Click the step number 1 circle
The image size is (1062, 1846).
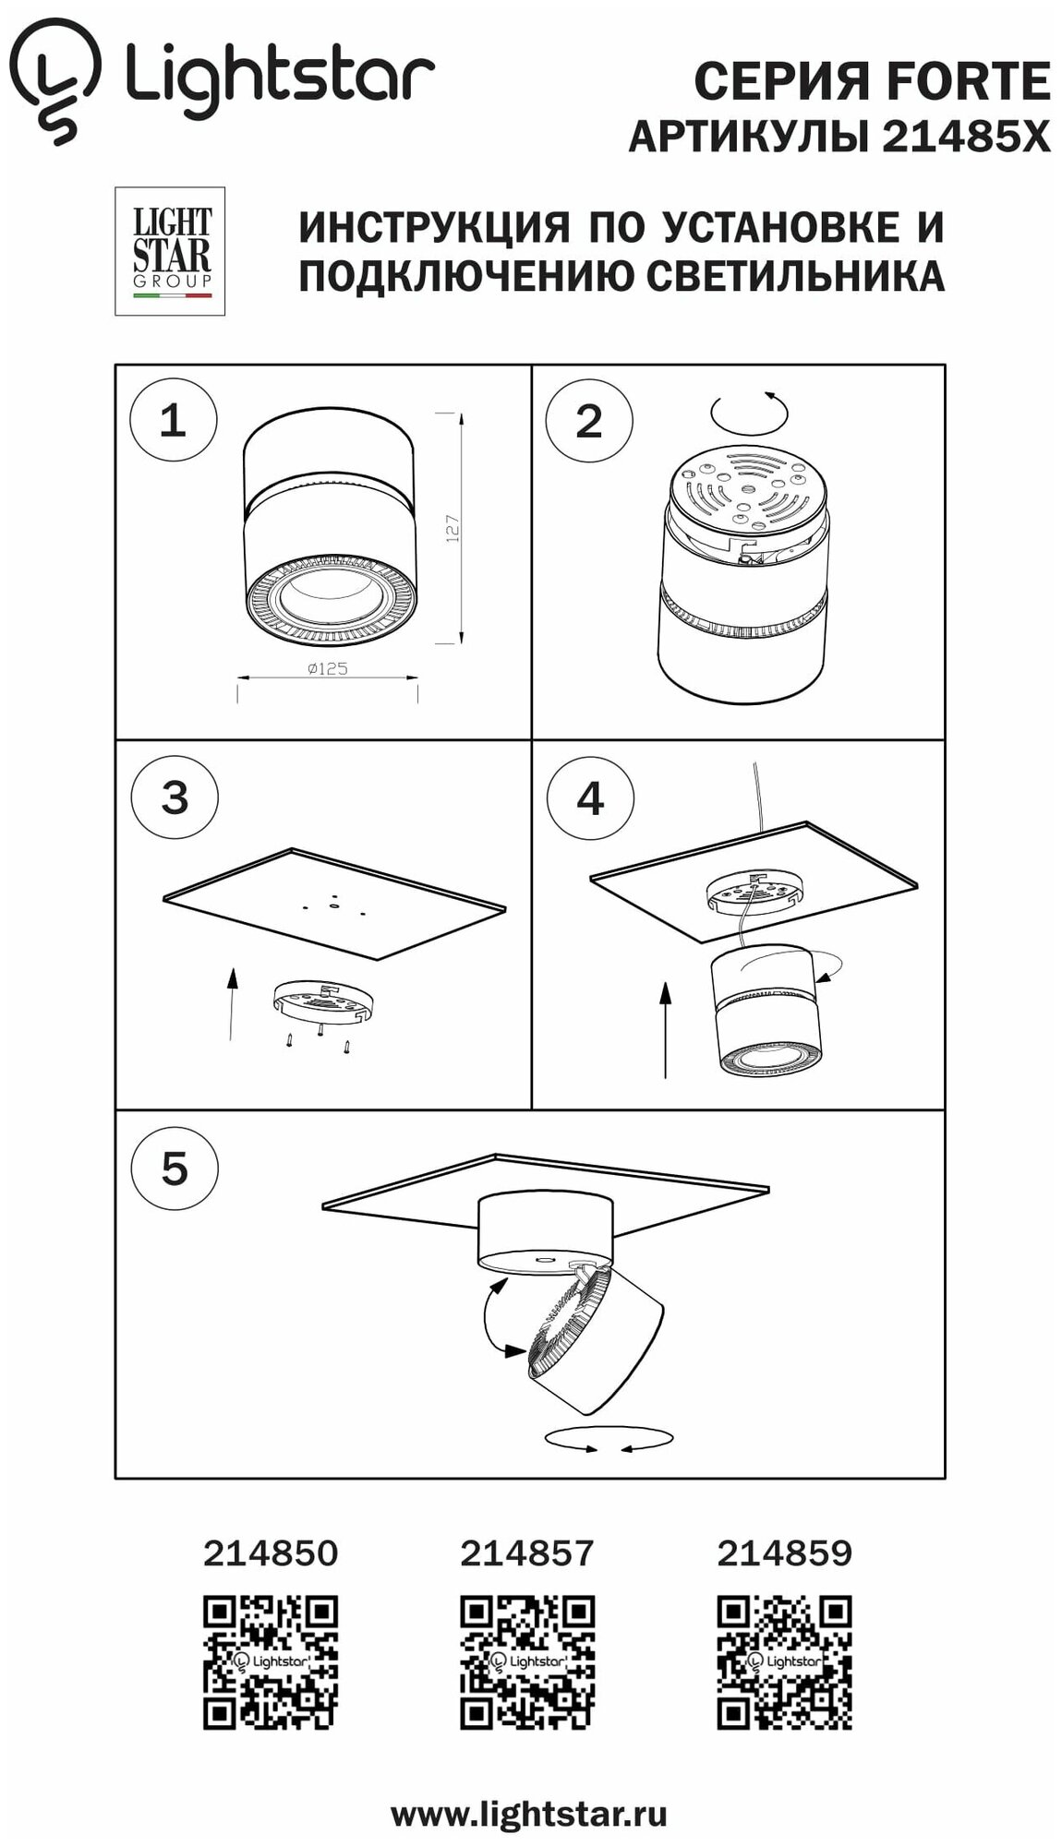click(173, 421)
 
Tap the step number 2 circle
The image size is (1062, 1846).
click(589, 421)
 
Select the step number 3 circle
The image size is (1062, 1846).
click(175, 797)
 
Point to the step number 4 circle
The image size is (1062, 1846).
click(590, 797)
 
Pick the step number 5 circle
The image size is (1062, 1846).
click(175, 1169)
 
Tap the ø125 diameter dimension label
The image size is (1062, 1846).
click(327, 669)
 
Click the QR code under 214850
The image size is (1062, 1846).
click(271, 1661)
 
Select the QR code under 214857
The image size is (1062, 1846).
click(527, 1661)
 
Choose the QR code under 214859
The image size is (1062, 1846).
click(784, 1661)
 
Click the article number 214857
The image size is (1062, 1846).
click(527, 1554)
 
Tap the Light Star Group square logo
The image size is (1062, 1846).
click(171, 250)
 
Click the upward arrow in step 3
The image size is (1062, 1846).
click(231, 1002)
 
